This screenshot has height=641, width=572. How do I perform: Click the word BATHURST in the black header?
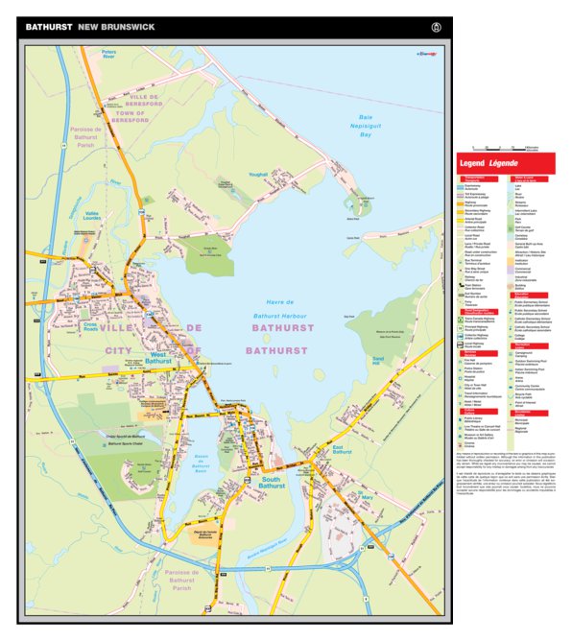[49, 27]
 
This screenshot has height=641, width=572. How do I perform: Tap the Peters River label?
[108, 56]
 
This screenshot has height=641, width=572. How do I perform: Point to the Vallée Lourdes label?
[93, 218]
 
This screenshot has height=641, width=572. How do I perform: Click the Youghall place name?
[255, 175]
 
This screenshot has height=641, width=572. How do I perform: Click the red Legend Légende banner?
[507, 164]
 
